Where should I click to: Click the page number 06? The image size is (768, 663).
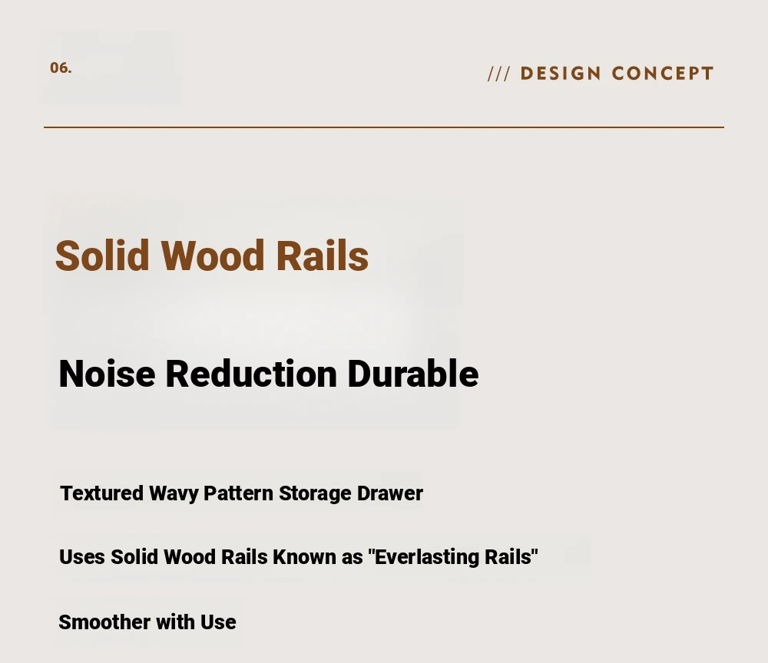[x=61, y=68]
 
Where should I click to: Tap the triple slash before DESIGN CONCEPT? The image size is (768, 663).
[x=499, y=74]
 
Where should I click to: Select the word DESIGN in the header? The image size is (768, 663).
[x=561, y=74]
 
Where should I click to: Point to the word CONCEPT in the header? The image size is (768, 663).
[x=662, y=74]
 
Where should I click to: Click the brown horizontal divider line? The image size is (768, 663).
[x=384, y=127]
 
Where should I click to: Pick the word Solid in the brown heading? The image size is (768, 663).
[x=102, y=256]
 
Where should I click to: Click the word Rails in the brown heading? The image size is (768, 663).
[x=323, y=256]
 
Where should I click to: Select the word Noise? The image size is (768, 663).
[x=108, y=374]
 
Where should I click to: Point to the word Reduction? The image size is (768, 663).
[x=251, y=374]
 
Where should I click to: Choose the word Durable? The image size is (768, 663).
[x=413, y=374]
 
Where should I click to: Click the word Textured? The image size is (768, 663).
[x=102, y=493]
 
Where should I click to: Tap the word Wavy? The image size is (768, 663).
[x=174, y=494]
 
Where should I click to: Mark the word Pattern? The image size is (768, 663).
[x=239, y=493]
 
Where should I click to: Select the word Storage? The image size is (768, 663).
[x=315, y=494]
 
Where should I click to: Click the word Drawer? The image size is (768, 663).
[x=390, y=493]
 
